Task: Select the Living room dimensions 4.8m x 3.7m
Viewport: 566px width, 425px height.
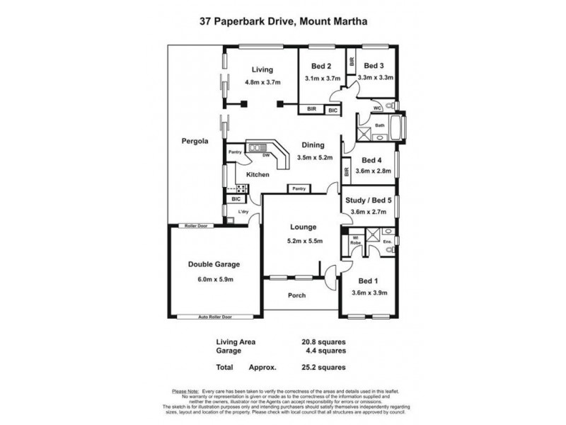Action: (262, 82)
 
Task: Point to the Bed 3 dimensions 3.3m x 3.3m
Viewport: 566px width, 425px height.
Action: (376, 78)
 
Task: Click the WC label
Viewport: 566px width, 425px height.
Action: (379, 108)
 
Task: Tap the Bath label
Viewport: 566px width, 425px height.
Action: (380, 125)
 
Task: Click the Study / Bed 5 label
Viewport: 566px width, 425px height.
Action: (370, 200)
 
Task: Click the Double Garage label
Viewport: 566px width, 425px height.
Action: (214, 264)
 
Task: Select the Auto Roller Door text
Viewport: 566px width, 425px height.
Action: (214, 317)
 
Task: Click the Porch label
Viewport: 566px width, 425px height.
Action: (297, 295)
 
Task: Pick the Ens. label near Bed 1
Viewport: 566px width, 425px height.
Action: (387, 242)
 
